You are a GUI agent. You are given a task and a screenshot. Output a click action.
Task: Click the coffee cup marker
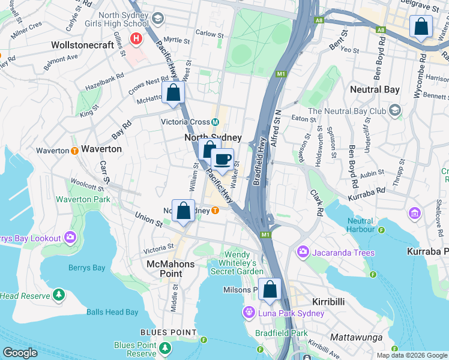tap(222, 160)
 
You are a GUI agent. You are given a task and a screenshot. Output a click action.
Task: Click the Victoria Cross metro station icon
tap(215, 122)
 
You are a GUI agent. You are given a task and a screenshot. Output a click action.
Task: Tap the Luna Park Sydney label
tap(291, 313)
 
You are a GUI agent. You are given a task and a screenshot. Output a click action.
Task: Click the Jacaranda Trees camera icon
tap(303, 252)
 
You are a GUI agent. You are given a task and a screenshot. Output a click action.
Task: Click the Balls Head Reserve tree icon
tap(59, 295)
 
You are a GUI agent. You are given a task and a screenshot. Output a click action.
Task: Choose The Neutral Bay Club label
tap(347, 111)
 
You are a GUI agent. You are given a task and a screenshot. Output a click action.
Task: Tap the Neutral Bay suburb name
tap(375, 90)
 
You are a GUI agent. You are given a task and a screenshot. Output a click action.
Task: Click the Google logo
tap(20, 353)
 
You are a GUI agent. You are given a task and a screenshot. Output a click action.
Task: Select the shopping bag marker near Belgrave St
tap(421, 28)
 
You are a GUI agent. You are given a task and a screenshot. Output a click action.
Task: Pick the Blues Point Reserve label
tap(135, 349)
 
